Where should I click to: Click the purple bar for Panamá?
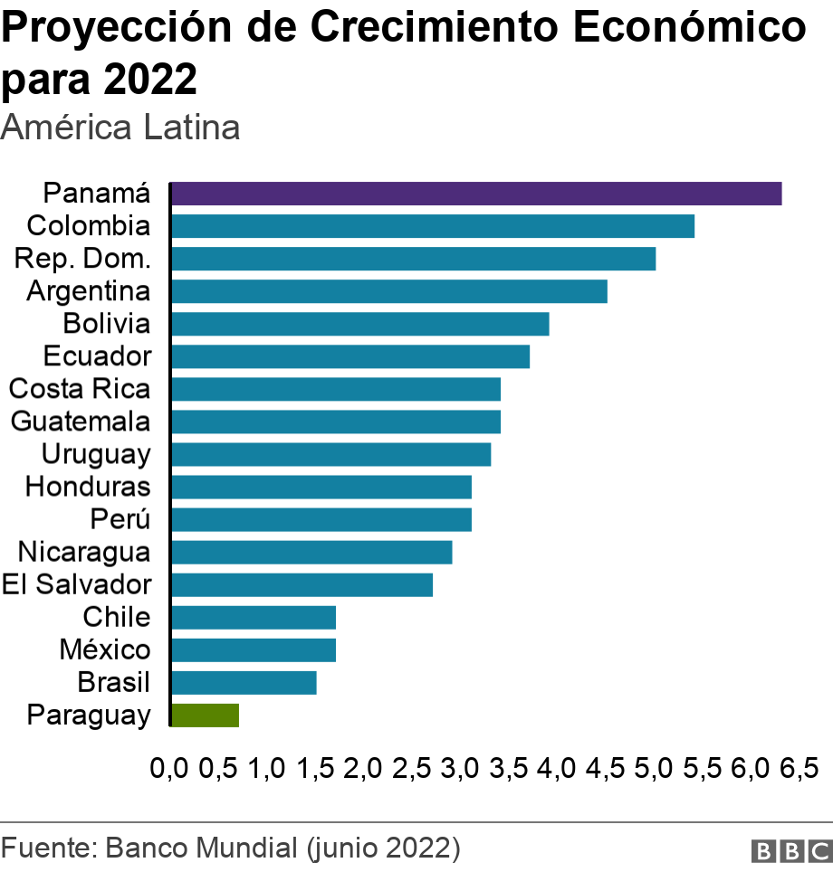click(x=475, y=194)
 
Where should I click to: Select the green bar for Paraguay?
click(x=205, y=715)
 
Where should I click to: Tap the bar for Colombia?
click(x=432, y=226)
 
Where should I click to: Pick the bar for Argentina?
click(x=388, y=291)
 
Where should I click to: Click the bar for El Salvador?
click(x=302, y=584)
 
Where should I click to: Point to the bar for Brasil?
click(x=244, y=682)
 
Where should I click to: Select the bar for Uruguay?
click(x=330, y=454)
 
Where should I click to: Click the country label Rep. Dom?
click(x=82, y=259)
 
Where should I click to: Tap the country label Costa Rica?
click(x=80, y=389)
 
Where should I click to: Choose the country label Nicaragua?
click(x=84, y=552)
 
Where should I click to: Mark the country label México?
click(x=105, y=649)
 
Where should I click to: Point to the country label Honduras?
click(x=88, y=487)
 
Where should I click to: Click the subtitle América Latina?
click(x=120, y=128)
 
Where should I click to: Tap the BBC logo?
click(x=790, y=851)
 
